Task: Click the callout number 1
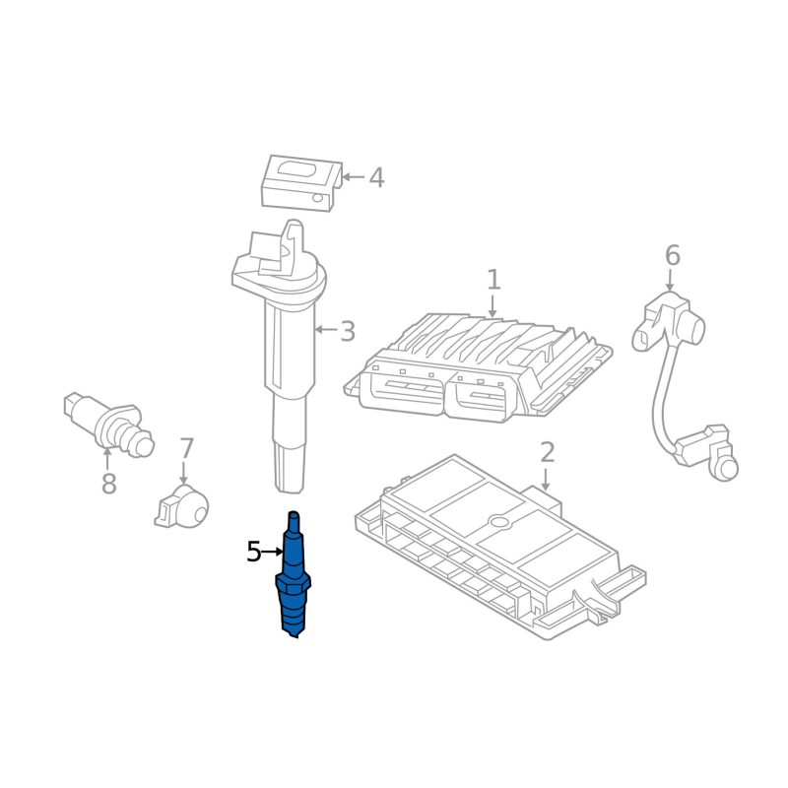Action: tap(493, 280)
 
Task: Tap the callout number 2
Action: tap(547, 452)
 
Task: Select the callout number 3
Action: tap(348, 331)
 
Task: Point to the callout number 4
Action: tap(376, 178)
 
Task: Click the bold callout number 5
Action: tap(254, 552)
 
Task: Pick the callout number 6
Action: tap(673, 255)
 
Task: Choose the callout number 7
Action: tap(186, 449)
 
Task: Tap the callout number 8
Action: tap(108, 484)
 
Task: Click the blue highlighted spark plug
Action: tap(293, 574)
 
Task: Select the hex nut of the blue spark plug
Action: tap(293, 584)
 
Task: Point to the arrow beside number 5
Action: tap(273, 552)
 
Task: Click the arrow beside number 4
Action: tap(354, 177)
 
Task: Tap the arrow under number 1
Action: tap(492, 306)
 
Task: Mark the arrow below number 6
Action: tap(670, 280)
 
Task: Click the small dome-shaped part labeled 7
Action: tap(182, 506)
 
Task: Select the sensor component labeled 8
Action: tap(109, 425)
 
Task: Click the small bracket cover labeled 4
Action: tap(301, 183)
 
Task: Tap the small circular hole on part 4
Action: tap(317, 198)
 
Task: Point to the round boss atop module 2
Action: tap(500, 521)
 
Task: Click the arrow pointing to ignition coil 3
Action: tap(326, 330)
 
